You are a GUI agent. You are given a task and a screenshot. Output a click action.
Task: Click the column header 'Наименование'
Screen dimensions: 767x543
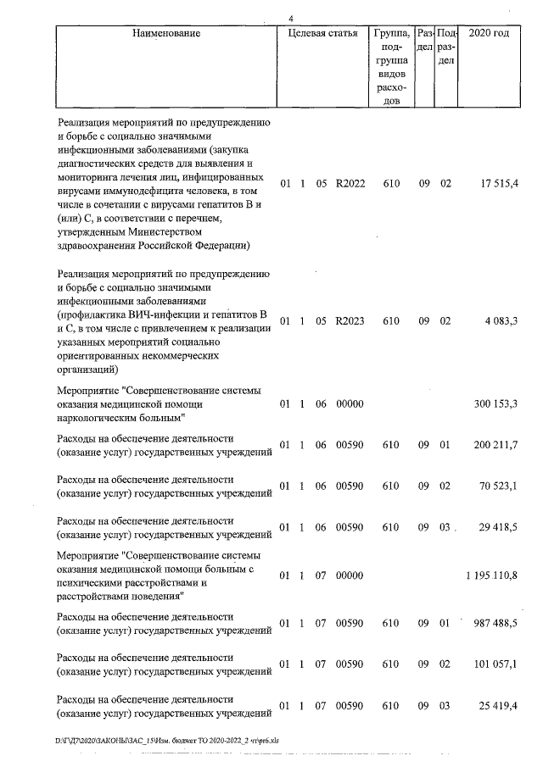pyautogui.click(x=166, y=34)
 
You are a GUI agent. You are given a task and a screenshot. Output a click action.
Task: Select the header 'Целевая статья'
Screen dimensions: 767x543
pyautogui.click(x=322, y=34)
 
